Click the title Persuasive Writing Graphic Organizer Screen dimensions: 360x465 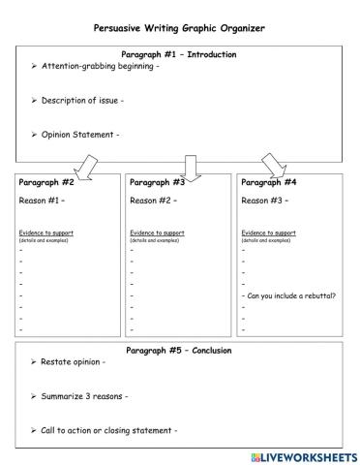click(x=179, y=28)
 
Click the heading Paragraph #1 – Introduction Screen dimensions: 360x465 click(x=179, y=54)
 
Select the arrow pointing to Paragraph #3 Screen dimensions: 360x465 click(x=191, y=166)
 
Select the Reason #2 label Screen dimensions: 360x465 click(x=153, y=201)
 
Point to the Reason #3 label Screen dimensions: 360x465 click(x=264, y=201)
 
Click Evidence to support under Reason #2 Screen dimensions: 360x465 click(x=157, y=232)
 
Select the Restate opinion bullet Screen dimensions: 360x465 click(x=73, y=361)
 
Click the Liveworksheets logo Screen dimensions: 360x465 click(x=297, y=454)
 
